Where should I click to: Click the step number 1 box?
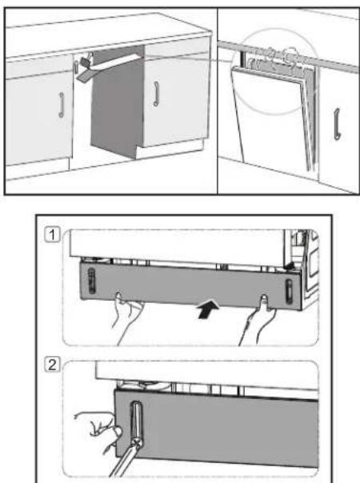pos(52,235)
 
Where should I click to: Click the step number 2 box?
pos(52,365)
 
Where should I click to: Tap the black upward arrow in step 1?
pos(209,309)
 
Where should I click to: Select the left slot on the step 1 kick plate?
pos(91,281)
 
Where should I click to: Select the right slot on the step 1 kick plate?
pos(289,290)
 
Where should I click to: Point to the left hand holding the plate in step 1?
pos(126,317)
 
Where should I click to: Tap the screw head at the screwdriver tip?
pos(136,442)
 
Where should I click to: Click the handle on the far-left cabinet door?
pos(62,105)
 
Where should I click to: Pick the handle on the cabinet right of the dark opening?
pos(156,94)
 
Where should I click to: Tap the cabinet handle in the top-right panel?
pos(337,124)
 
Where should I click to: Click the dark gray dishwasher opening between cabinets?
pos(117,108)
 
